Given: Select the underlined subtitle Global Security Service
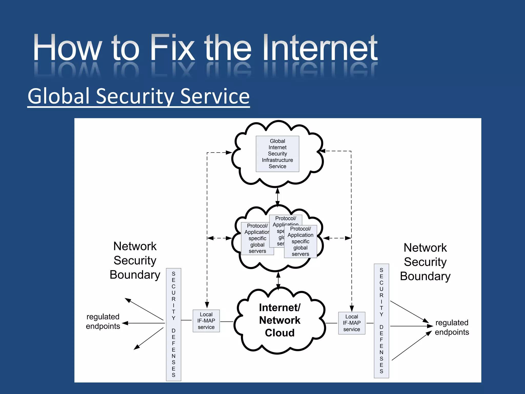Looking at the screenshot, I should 138,96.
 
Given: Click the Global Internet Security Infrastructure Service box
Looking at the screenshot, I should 277,154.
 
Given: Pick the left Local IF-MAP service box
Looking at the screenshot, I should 206,321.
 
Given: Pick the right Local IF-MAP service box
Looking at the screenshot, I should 351,323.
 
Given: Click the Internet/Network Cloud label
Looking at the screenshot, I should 280,320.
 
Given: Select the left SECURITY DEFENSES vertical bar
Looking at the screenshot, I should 174,324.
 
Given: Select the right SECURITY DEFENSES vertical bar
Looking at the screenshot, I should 381,321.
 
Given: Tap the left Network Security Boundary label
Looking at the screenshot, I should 135,260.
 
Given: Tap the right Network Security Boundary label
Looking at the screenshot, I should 425,262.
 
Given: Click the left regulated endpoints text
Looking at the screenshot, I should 103,321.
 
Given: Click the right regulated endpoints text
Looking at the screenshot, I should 452,327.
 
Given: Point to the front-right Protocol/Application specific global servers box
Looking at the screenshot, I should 300,241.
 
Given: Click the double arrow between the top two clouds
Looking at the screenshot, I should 277,197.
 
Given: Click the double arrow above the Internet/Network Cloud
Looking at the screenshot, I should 278,280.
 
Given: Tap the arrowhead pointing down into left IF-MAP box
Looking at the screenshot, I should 207,305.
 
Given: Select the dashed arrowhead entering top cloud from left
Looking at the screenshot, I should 229,152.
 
